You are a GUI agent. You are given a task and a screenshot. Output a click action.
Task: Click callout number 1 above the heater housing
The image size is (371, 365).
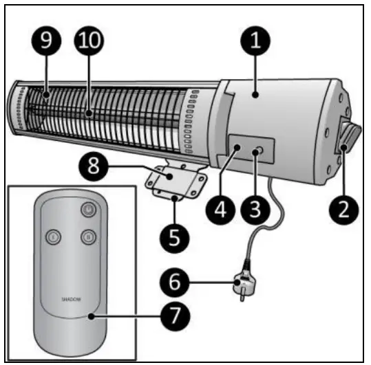256,40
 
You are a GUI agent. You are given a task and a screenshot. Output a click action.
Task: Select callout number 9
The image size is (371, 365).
46,41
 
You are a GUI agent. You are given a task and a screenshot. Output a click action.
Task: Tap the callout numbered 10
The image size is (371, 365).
90,41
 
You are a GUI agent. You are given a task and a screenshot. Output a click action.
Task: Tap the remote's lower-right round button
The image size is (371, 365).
87,237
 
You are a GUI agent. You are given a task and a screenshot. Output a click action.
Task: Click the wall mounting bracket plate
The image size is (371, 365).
173,182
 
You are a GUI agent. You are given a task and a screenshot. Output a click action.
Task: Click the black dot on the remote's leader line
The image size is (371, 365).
89,317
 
